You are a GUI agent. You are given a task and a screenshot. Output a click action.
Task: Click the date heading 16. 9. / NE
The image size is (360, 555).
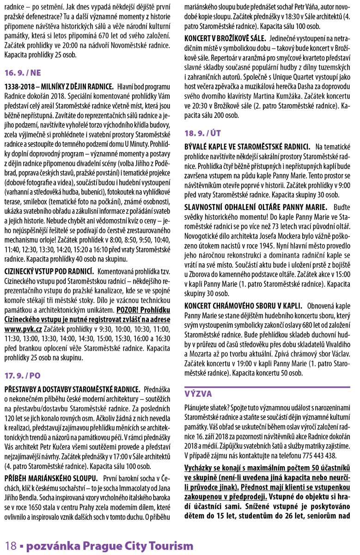(x=23, y=73)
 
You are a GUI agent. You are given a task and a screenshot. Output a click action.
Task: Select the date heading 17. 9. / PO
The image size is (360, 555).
(x=23, y=376)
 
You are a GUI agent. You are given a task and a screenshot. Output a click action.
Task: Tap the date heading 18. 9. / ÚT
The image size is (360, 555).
(x=202, y=134)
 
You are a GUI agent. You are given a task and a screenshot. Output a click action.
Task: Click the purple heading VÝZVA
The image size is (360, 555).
(x=198, y=394)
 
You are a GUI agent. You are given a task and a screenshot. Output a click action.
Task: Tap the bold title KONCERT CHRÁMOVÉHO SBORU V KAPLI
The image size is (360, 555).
(x=243, y=306)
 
